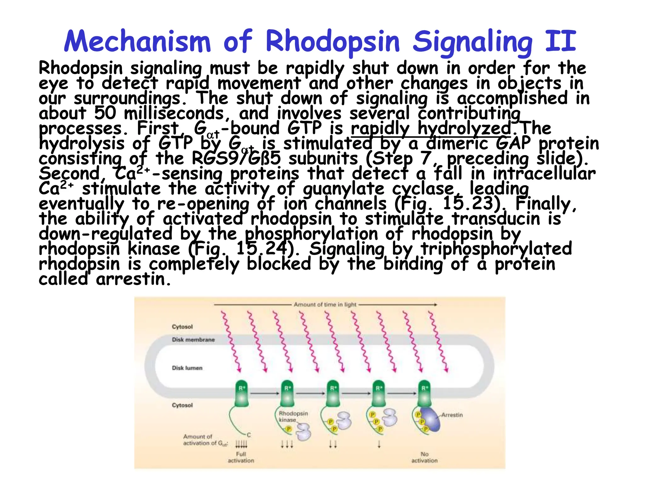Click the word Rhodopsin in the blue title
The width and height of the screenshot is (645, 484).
(333, 42)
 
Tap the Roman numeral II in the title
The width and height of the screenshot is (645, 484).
(561, 41)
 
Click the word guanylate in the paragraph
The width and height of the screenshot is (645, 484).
(344, 189)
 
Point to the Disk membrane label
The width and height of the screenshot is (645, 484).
(193, 340)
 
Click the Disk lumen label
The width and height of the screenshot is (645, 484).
(187, 368)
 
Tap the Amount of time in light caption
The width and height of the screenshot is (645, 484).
(325, 304)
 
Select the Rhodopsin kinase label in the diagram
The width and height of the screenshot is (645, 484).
(293, 417)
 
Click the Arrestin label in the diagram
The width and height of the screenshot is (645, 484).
(452, 415)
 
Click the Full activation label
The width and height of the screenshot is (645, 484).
(241, 457)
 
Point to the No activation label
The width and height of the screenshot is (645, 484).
(425, 457)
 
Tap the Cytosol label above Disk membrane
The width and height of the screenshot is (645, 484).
(182, 326)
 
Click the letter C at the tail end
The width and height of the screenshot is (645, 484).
(249, 435)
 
